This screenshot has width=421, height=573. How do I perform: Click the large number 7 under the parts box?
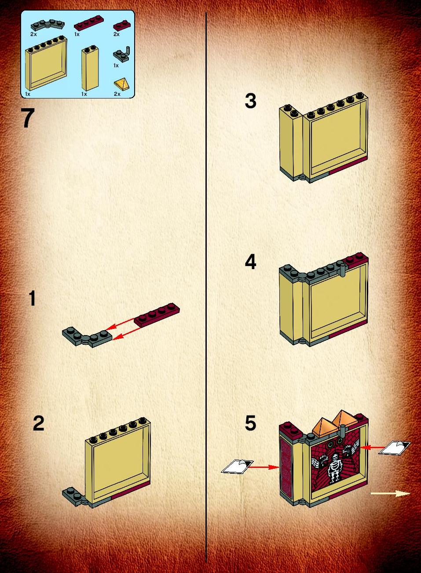pyautogui.click(x=28, y=118)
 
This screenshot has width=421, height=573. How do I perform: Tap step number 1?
pyautogui.click(x=32, y=298)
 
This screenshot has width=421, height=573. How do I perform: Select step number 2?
pyautogui.click(x=39, y=423)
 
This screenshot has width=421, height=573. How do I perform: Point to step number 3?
pyautogui.click(x=250, y=101)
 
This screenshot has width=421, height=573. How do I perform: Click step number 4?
pyautogui.click(x=251, y=262)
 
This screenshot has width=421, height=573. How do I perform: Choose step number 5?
pyautogui.click(x=250, y=423)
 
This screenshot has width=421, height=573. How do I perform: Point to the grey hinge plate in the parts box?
pyautogui.click(x=48, y=25)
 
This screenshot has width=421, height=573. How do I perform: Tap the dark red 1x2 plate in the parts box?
pyautogui.click(x=121, y=25)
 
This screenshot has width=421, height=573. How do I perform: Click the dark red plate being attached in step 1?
pyautogui.click(x=157, y=314)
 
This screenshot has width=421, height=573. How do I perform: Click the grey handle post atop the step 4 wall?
pyautogui.click(x=342, y=270)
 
